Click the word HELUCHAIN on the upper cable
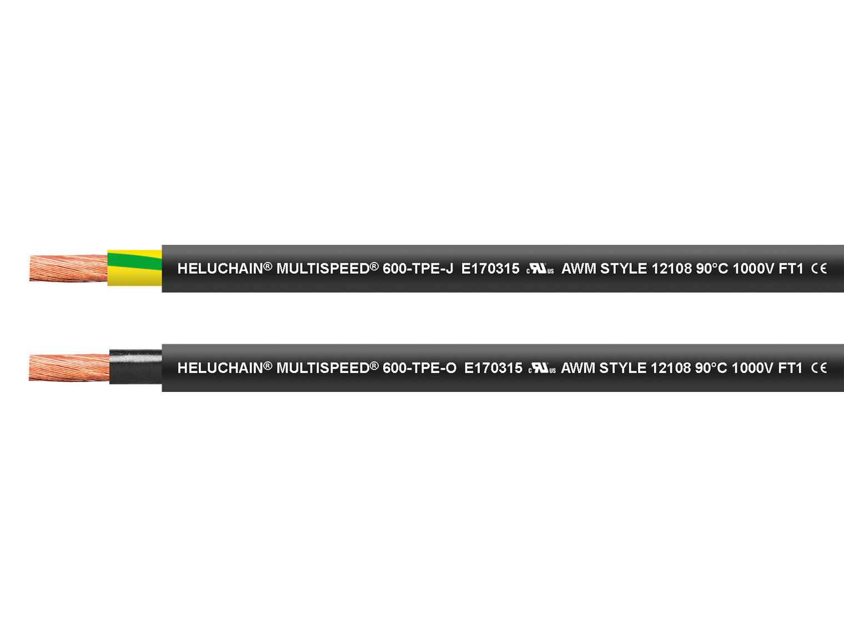(x=220, y=269)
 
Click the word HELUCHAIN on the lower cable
(x=220, y=368)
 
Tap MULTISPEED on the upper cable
(x=323, y=269)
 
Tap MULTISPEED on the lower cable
(x=323, y=368)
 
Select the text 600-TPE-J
(x=418, y=269)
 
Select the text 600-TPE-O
(x=419, y=368)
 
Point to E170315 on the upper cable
(x=490, y=269)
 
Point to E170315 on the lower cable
(x=493, y=368)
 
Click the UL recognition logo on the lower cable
(x=542, y=368)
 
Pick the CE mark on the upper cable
(x=818, y=269)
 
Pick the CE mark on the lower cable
(x=818, y=368)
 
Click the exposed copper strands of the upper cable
(x=68, y=268)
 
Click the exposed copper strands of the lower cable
(x=69, y=368)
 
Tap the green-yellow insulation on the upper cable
(x=134, y=268)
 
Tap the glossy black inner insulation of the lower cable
(x=135, y=367)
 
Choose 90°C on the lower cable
(x=711, y=368)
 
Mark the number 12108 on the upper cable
(x=671, y=269)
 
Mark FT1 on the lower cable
(x=790, y=368)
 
